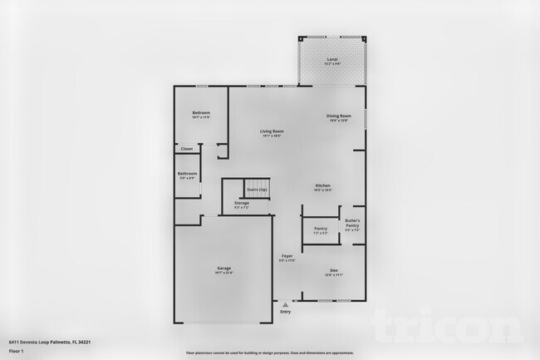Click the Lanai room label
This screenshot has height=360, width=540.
click(332, 61)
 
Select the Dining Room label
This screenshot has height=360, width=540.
click(338, 117)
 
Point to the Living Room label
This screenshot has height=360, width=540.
click(272, 132)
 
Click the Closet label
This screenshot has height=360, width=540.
click(187, 149)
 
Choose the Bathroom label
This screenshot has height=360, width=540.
click(187, 175)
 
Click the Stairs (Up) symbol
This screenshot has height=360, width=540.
click(257, 190)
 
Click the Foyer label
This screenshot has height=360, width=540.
click(287, 257)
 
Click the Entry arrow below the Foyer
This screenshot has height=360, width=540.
click(286, 303)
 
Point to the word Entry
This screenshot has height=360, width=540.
click(286, 312)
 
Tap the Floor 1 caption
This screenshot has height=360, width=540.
click(17, 350)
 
